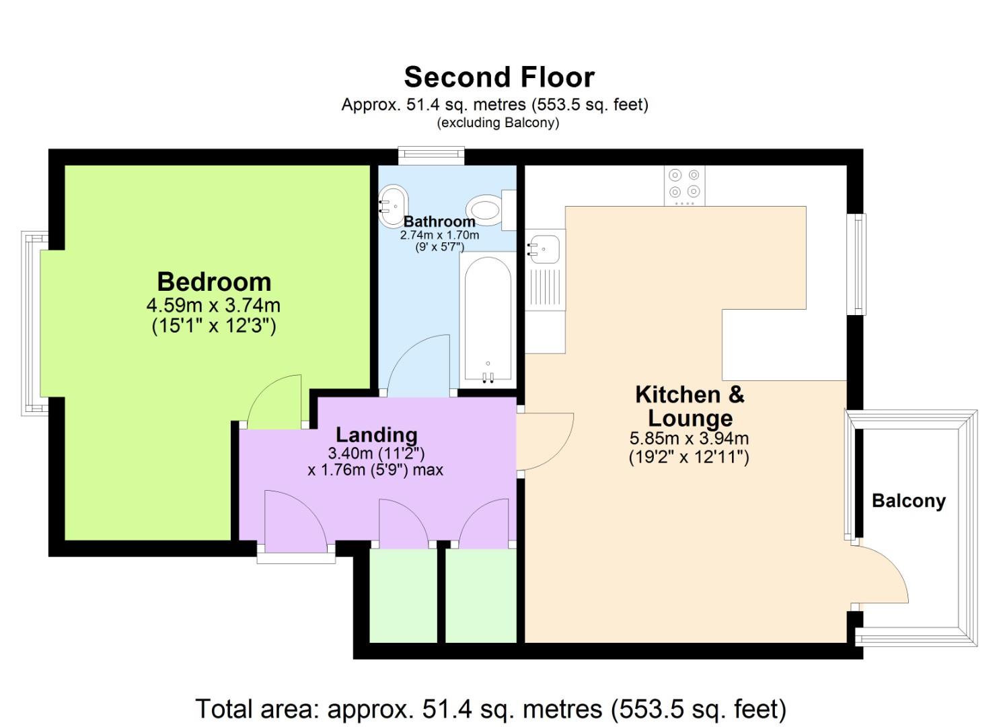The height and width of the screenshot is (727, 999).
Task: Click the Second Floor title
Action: point(498,77)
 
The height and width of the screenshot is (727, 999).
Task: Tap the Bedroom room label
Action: point(214,281)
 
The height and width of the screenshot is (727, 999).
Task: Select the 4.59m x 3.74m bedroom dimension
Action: point(213,305)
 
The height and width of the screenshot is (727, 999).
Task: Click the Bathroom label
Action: point(439,221)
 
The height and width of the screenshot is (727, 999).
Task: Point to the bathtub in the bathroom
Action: point(488,316)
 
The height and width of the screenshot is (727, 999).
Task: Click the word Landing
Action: point(376,435)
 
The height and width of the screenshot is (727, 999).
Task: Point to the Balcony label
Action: point(908,501)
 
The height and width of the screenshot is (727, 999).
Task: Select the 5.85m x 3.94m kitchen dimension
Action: point(689,438)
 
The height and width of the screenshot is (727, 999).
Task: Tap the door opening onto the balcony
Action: point(881,576)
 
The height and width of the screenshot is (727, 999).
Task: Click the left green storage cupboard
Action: point(403,596)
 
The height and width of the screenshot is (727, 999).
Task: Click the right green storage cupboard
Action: point(480,596)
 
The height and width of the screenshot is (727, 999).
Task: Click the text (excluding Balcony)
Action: point(498,123)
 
